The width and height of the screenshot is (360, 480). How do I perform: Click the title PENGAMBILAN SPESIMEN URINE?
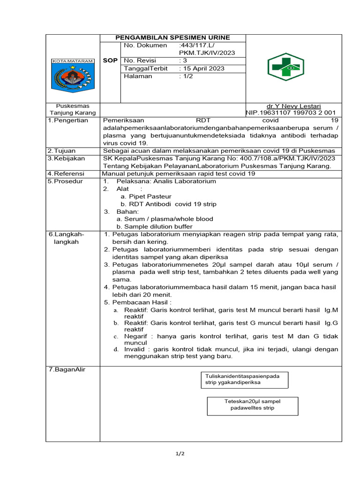coord(173,37)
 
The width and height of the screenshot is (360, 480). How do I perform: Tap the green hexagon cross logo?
coord(285,67)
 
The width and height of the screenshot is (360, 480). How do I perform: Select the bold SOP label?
coord(111,61)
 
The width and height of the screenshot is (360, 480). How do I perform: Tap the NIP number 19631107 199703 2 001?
coord(291,113)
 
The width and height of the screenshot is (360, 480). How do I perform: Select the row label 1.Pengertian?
coord(68,120)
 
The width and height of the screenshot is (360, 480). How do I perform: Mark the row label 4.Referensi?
coord(66,173)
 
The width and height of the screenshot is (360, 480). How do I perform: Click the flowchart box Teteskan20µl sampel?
coord(252,404)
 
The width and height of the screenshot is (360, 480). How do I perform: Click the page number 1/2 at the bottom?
coord(180,454)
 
